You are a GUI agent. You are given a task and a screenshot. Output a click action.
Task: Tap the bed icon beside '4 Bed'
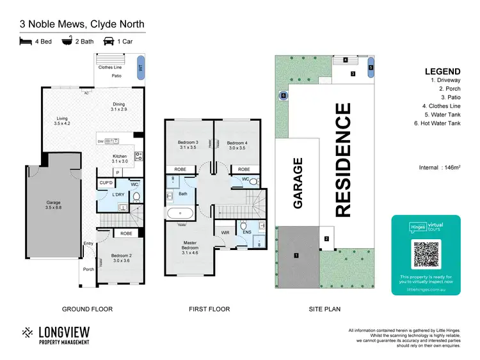[26, 41]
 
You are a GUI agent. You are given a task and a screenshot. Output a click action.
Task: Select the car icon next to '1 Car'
[109, 41]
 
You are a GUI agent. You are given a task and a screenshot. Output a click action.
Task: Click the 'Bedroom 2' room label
[121, 258]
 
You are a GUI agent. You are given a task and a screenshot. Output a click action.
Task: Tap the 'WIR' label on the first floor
[225, 232]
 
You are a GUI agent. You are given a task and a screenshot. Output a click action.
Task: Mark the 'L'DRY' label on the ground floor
[118, 194]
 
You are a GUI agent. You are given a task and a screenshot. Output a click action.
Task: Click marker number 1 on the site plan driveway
[296, 255]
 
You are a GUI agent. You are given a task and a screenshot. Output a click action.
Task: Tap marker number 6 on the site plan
[282, 95]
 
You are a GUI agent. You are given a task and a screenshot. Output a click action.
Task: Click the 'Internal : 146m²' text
[439, 168]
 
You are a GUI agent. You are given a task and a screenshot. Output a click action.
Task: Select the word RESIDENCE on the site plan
[343, 160]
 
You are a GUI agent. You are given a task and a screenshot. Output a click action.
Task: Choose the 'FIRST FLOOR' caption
[209, 309]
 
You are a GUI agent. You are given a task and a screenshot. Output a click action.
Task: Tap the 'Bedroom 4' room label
[236, 145]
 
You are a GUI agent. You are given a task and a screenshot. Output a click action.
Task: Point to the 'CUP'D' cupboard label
[106, 183]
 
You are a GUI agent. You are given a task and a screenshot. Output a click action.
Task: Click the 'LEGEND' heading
[442, 72]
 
